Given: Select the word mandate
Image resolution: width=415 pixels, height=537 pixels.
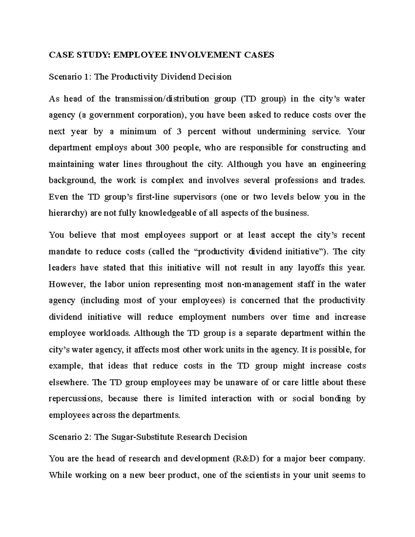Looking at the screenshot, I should [x=65, y=252].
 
